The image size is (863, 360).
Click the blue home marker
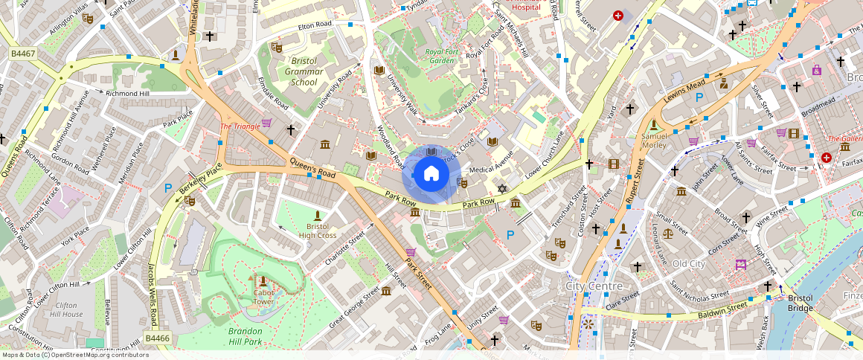tap(431, 174)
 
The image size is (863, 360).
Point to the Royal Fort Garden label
tap(439, 56)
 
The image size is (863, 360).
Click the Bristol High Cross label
tap(318, 231)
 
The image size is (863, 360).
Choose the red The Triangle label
tap(240, 126)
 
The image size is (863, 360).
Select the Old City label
tap(688, 264)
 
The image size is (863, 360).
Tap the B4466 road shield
tap(158, 338)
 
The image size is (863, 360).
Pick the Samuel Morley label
tap(654, 141)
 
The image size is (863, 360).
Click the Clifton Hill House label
tap(68, 309)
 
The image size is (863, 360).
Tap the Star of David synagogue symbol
tap(501, 189)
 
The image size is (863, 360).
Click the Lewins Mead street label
tap(684, 93)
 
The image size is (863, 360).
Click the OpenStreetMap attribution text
tap(74, 355)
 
